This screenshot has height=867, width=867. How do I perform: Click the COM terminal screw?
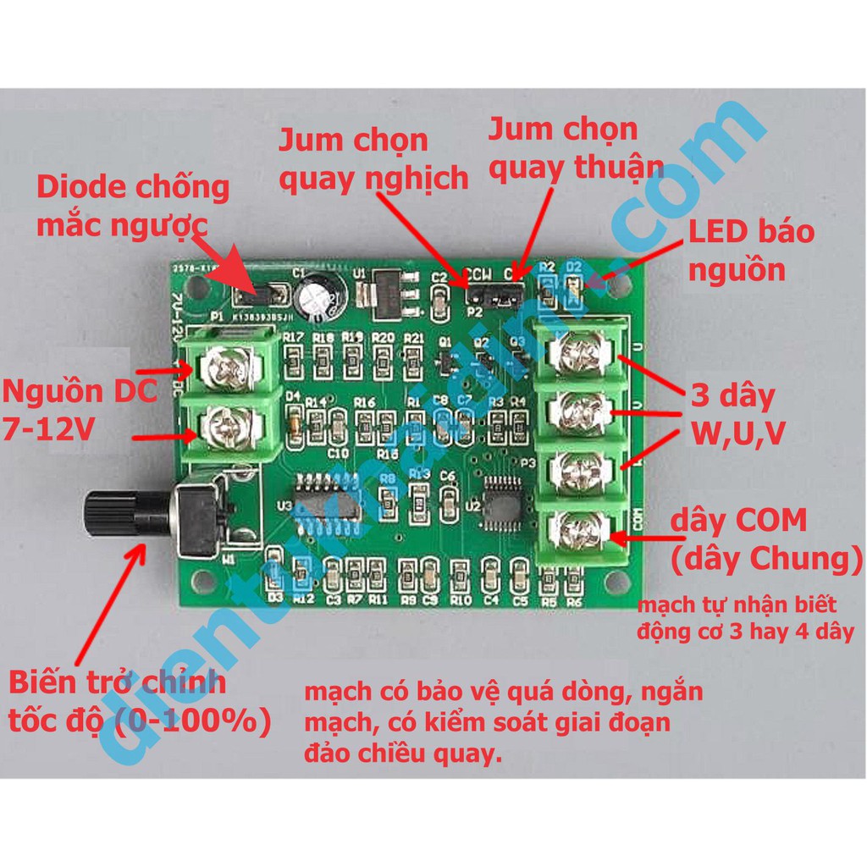click(x=583, y=533)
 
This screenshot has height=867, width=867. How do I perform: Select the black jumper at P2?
click(x=494, y=296)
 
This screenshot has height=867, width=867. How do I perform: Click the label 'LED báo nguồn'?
click(x=750, y=251)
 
